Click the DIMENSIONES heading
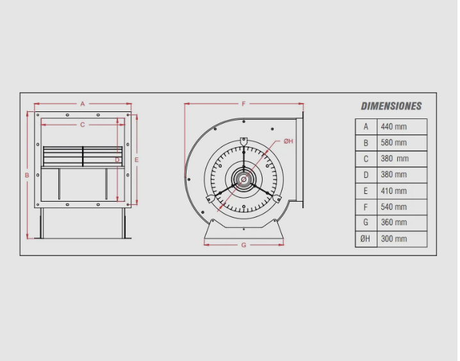(391, 106)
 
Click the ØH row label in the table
(365, 239)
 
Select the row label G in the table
(365, 223)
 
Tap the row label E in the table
(365, 191)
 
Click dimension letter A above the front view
(83, 103)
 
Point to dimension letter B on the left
(27, 175)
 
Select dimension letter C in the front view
(83, 125)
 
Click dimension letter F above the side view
(243, 103)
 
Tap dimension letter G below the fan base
(243, 245)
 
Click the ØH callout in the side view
(288, 141)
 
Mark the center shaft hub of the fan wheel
(243, 179)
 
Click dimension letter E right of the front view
(136, 159)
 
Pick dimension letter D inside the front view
(117, 159)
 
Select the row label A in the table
(365, 127)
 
